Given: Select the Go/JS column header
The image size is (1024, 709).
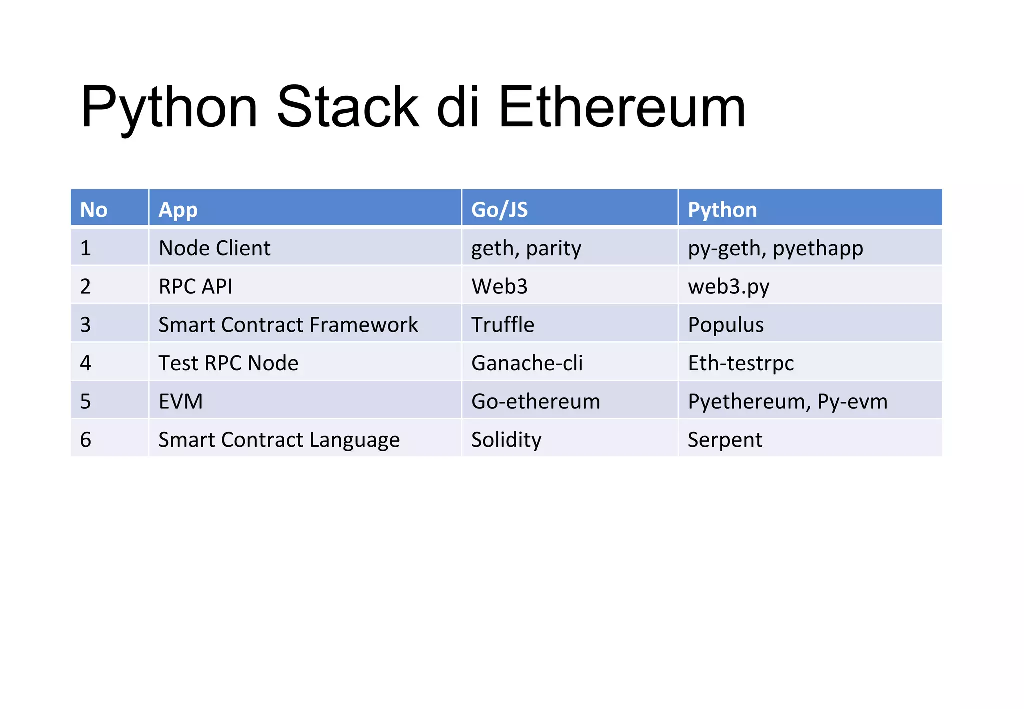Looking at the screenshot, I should coord(499,209).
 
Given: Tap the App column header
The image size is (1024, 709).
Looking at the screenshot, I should coord(178,209).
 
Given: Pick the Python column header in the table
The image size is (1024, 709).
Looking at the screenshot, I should coord(722,209).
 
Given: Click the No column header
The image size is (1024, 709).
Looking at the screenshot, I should coord(94,209).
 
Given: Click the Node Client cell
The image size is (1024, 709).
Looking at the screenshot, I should coord(214,248).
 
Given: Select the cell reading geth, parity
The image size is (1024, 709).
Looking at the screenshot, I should coord(526,248).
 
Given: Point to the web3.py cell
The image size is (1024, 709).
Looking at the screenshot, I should coord(728,286).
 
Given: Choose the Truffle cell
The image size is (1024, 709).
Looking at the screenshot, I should coord(502,324).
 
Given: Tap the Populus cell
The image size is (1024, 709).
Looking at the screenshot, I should coord(725,324).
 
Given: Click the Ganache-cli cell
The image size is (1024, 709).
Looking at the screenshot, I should coord(527,363).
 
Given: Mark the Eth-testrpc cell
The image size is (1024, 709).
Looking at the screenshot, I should coord(740,363).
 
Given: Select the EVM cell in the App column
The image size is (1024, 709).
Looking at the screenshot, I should coord(180,401).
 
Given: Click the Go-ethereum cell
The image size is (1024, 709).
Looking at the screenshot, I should coord(535,401).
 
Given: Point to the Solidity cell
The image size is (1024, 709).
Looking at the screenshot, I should coord(506,439).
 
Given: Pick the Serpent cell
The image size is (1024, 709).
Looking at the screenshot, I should coord(725,439).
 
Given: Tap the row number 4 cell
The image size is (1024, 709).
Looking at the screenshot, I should coord(86,363).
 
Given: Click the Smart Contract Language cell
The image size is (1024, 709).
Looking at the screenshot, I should coord(279,439).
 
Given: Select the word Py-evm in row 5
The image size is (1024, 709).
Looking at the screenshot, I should coord(852,401).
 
